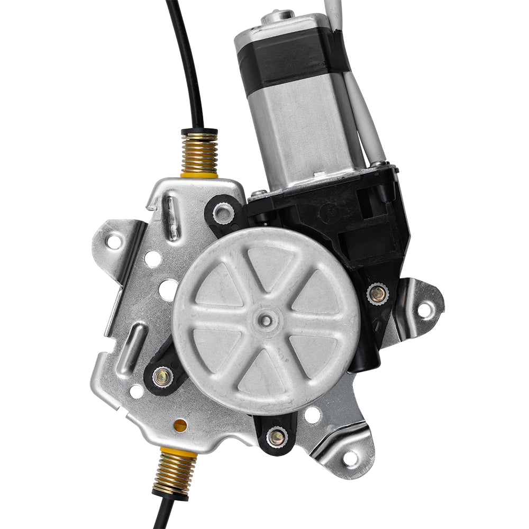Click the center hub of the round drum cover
pyautogui.click(x=266, y=319)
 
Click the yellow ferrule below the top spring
pyautogui.click(x=199, y=173)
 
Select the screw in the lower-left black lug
pyautogui.click(x=162, y=377)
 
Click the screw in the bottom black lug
pyautogui.click(x=276, y=437)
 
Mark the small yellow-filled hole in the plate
pyautogui.click(x=180, y=425)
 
